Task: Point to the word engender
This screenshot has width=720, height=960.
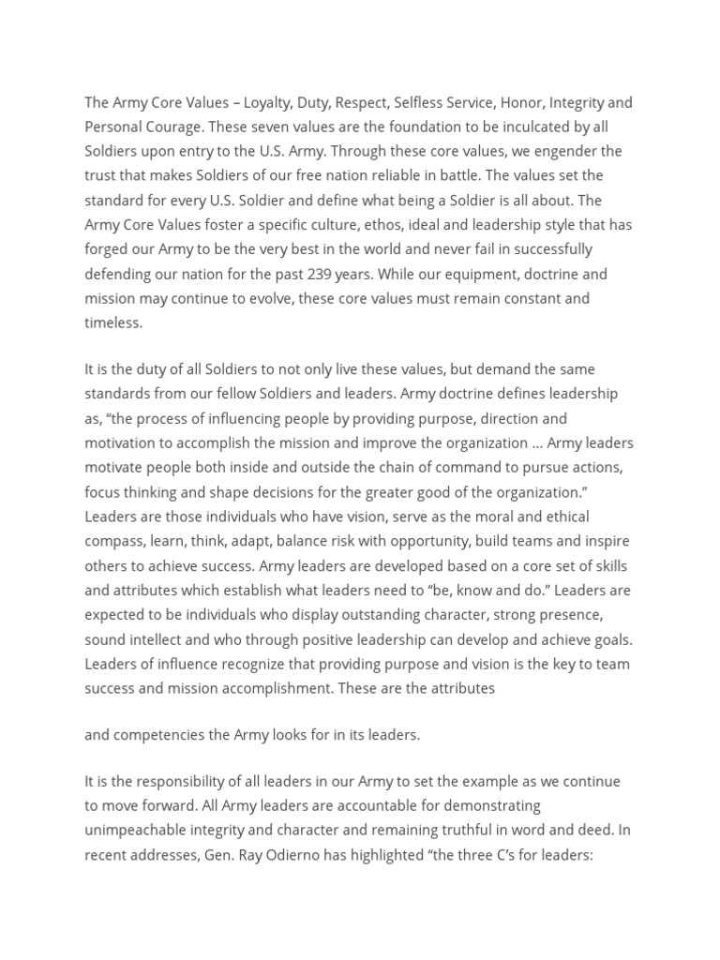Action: pyautogui.click(x=559, y=151)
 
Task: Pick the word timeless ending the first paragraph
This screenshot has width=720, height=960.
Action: pyautogui.click(x=112, y=322)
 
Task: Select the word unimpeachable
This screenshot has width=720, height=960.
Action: pyautogui.click(x=134, y=831)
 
